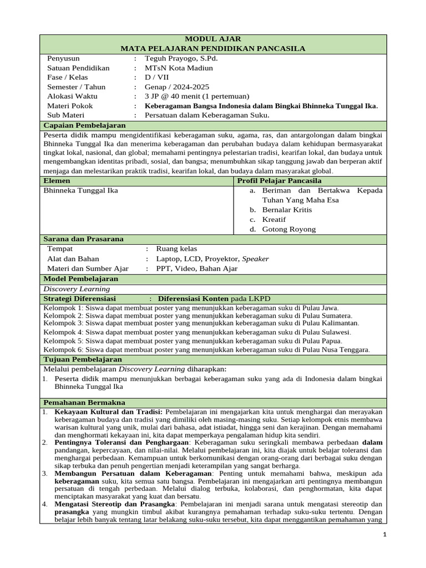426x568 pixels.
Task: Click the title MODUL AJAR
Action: [213, 39]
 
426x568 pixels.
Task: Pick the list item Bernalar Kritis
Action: [287, 210]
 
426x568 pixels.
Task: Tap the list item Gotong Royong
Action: [288, 229]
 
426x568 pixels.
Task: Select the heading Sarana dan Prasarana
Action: [83, 239]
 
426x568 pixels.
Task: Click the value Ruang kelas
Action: [176, 249]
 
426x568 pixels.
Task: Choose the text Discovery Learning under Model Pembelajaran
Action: [77, 288]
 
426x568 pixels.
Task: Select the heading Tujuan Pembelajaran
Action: [83, 359]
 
